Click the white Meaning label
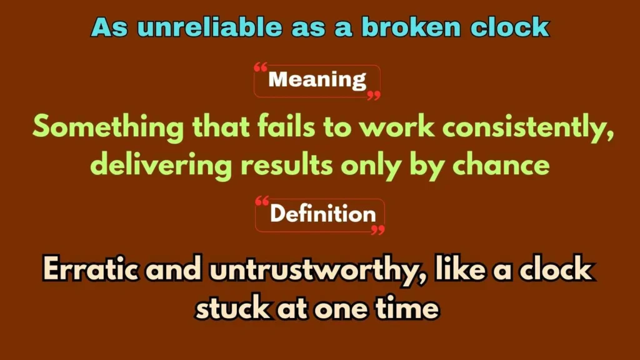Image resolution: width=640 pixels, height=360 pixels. click(317, 80)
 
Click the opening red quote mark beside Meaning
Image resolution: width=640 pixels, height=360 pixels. click(261, 67)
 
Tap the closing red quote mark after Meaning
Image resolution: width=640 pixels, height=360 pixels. click(374, 95)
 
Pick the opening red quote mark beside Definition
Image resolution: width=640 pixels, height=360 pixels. click(263, 202)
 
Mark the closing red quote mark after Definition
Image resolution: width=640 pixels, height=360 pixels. click(377, 230)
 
